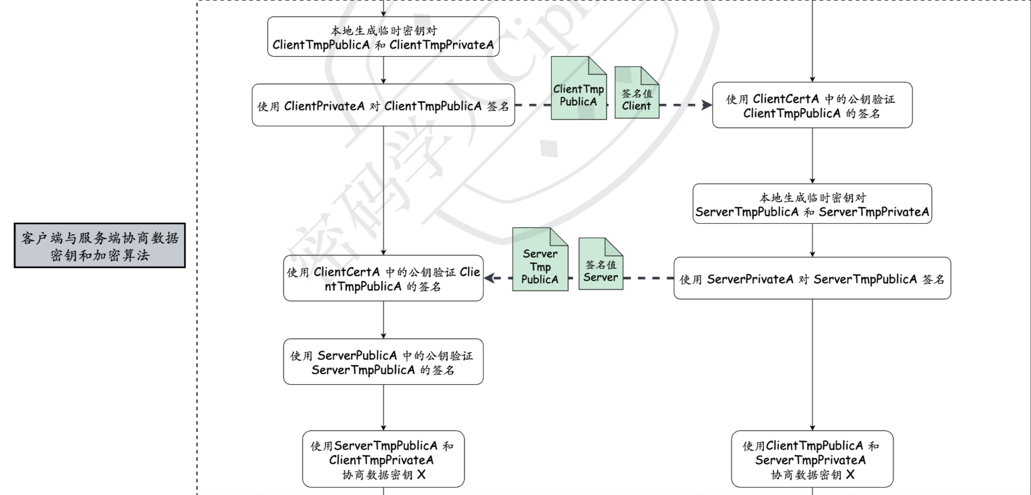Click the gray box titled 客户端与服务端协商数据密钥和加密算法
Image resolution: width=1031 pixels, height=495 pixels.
tap(100, 246)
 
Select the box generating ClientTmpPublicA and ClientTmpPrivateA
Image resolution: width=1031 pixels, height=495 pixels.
tap(383, 37)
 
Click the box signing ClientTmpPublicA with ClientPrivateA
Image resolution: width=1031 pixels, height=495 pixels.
tap(383, 105)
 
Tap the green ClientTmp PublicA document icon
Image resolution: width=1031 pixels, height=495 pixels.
tap(578, 94)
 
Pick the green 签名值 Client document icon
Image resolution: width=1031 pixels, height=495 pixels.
tap(636, 98)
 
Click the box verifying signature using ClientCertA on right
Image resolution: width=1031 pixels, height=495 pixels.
tap(812, 105)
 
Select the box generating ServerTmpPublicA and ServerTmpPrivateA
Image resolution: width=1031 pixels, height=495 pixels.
tap(812, 204)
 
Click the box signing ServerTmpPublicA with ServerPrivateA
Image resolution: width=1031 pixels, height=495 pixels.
tap(812, 278)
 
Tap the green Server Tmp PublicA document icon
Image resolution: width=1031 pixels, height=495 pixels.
tap(540, 265)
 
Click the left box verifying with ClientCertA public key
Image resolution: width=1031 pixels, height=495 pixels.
tap(383, 278)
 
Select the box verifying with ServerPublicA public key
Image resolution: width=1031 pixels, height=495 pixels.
tap(383, 362)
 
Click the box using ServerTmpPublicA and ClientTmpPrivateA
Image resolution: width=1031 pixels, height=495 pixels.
tap(383, 459)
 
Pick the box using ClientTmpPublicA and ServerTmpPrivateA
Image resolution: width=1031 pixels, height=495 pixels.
tap(812, 459)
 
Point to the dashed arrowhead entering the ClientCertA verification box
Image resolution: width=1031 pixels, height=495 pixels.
tap(707, 105)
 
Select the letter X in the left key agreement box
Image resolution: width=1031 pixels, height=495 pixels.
tap(421, 475)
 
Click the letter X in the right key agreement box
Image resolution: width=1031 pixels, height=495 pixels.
tap(850, 475)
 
